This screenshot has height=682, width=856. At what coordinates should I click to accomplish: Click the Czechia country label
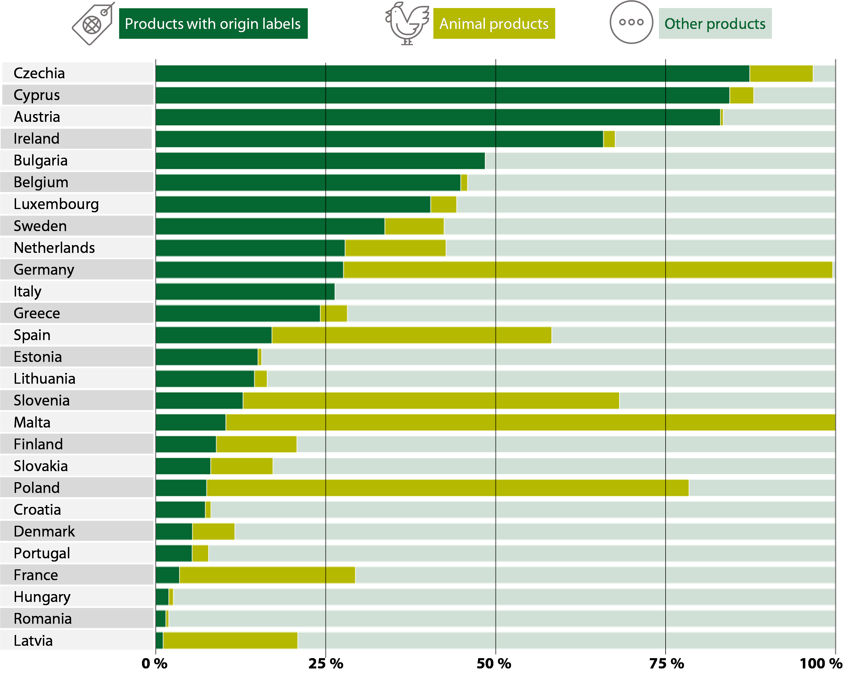pyautogui.click(x=39, y=73)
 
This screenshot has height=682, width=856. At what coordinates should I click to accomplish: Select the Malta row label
pyautogui.click(x=32, y=422)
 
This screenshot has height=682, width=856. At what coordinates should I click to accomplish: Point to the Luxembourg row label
pyautogui.click(x=56, y=204)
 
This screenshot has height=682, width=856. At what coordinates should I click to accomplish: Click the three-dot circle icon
pyautogui.click(x=631, y=22)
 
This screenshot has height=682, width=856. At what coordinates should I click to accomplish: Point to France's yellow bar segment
pyautogui.click(x=267, y=575)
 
